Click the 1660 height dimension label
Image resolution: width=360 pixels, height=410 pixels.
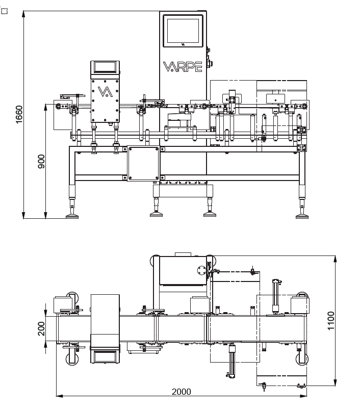(19, 115)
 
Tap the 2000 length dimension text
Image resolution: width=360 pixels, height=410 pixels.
(182, 392)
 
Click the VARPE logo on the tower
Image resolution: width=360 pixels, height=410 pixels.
(183, 67)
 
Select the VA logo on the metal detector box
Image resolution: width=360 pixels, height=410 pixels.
(105, 92)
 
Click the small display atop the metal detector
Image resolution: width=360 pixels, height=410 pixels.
(105, 66)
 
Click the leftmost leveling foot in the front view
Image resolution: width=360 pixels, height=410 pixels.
(72, 214)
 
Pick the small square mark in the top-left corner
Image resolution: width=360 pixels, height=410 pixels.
(4, 10)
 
